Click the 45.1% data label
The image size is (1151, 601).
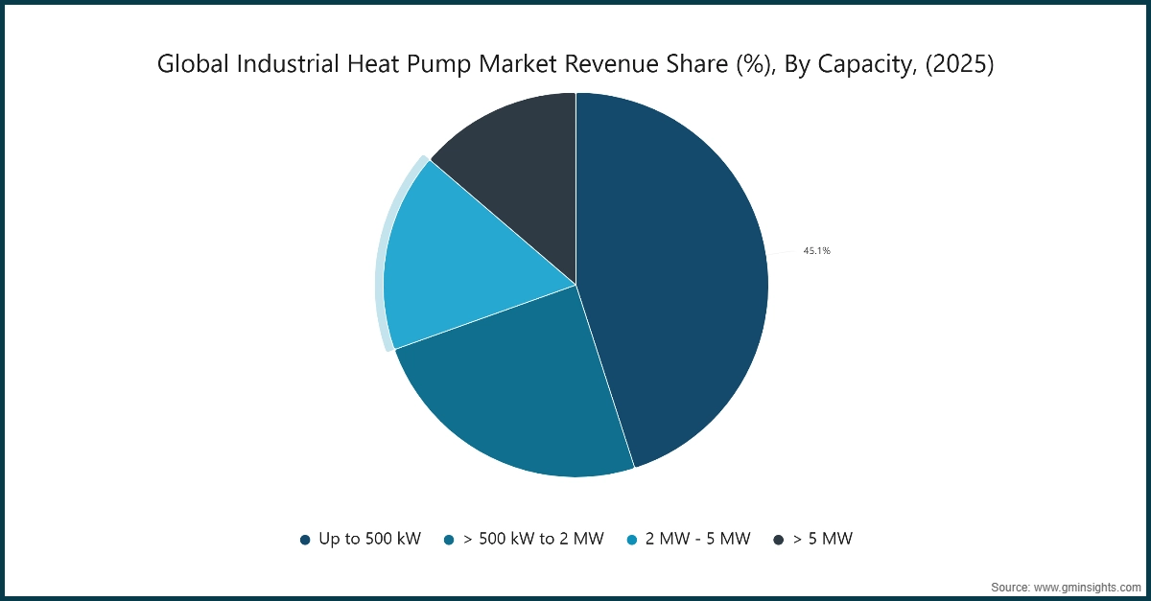coord(816,251)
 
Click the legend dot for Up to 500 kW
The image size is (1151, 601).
coord(305,540)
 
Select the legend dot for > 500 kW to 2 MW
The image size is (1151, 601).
coord(448,540)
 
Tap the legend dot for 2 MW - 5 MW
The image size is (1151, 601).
coord(631,540)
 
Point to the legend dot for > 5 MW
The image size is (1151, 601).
coord(779,540)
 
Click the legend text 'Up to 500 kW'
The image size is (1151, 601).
coord(369,540)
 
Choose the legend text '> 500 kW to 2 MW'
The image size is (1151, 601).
coord(533,540)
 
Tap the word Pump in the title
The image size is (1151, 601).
coord(467,64)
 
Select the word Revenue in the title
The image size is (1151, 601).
coord(622,64)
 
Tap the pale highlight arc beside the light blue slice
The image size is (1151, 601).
coord(380,254)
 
